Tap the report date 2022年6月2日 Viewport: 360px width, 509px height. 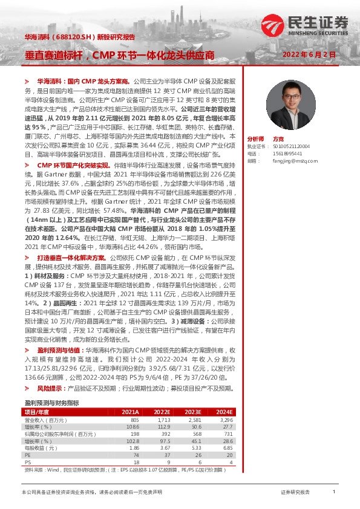pyautogui.click(x=317, y=54)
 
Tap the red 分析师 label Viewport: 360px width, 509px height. pyautogui.click(x=257, y=138)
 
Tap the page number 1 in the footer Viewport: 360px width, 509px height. pyautogui.click(x=333, y=492)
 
